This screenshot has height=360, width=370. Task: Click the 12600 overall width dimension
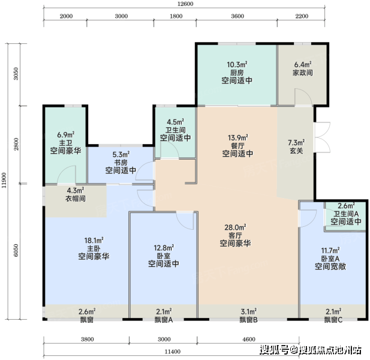point(185,4)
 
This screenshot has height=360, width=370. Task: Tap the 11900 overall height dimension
point(4,181)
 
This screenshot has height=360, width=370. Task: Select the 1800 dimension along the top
point(176,16)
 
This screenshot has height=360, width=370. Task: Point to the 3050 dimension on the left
point(16,74)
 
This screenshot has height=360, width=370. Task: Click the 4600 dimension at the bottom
point(249,339)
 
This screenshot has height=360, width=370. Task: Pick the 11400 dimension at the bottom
point(173,352)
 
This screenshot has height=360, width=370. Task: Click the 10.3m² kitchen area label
point(237,64)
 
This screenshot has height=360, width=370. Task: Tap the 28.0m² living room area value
point(235,227)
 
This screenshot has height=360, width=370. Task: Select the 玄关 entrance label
point(296,151)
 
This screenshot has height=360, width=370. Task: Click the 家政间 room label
point(303,73)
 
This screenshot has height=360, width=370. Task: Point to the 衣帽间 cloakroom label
point(76,198)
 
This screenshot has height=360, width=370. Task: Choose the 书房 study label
point(121,163)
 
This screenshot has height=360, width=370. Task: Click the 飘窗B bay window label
point(248,320)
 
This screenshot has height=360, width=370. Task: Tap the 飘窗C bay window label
point(333,320)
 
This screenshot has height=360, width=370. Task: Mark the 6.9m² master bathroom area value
point(66,135)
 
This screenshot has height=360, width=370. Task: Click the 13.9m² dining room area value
point(238,137)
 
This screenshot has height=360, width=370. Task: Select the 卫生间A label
point(346,214)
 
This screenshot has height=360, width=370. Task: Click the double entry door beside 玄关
point(323,137)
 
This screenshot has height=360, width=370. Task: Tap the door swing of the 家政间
point(303,97)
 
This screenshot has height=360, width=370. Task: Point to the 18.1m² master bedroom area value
point(94,241)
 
